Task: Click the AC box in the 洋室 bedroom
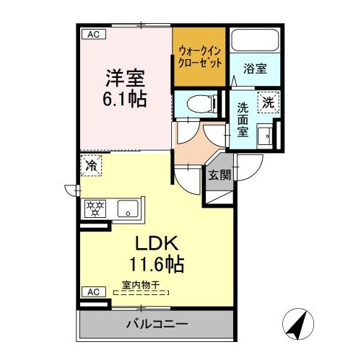pyautogui.click(x=94, y=35)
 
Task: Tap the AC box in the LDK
pyautogui.click(x=94, y=292)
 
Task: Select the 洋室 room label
pyautogui.click(x=125, y=78)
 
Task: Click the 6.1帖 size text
pyautogui.click(x=125, y=99)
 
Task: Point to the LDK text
pyautogui.click(x=157, y=243)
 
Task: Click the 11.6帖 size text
pyautogui.click(x=157, y=264)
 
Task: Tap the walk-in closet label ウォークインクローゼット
pyautogui.click(x=200, y=58)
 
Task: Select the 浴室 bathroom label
pyautogui.click(x=255, y=69)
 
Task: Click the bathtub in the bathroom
pyautogui.click(x=255, y=40)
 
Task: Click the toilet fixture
pyautogui.click(x=202, y=104)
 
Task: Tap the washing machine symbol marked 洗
pyautogui.click(x=269, y=102)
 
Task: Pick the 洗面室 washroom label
pyautogui.click(x=243, y=120)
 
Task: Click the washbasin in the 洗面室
pyautogui.click(x=265, y=136)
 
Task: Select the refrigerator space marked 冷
pyautogui.click(x=92, y=166)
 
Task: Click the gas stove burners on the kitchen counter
pyautogui.click(x=95, y=208)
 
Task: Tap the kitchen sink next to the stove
pyautogui.click(x=128, y=208)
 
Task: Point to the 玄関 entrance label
pyautogui.click(x=219, y=175)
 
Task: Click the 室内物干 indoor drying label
pyautogui.click(x=141, y=285)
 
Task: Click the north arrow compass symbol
pyautogui.click(x=298, y=324)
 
